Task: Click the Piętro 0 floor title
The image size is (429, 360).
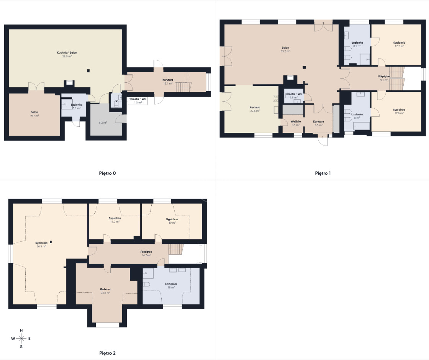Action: pyautogui.click(x=107, y=173)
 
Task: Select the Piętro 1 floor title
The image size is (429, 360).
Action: pyautogui.click(x=323, y=173)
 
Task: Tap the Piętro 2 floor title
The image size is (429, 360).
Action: pyautogui.click(x=107, y=353)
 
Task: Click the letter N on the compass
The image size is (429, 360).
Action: pyautogui.click(x=21, y=331)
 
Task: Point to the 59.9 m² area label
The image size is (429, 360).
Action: pyautogui.click(x=67, y=56)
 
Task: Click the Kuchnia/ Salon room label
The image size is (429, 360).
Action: pyautogui.click(x=67, y=52)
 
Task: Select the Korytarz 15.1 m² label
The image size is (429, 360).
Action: pyautogui.click(x=168, y=82)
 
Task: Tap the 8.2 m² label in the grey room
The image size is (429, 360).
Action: pyautogui.click(x=103, y=123)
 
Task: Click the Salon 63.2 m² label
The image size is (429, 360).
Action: pyautogui.click(x=285, y=49)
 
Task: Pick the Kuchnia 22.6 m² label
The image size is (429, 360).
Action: pyautogui.click(x=255, y=109)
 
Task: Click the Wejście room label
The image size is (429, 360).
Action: pyautogui.click(x=296, y=121)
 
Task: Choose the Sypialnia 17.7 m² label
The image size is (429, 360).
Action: pyautogui.click(x=399, y=44)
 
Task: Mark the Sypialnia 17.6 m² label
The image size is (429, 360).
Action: pyautogui.click(x=399, y=111)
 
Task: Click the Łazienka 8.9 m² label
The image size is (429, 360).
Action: pyautogui.click(x=357, y=44)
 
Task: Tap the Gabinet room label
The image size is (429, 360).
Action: pyautogui.click(x=105, y=289)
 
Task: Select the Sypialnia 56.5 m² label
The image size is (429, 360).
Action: pyautogui.click(x=41, y=245)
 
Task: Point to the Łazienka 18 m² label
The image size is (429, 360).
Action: pyautogui.click(x=171, y=286)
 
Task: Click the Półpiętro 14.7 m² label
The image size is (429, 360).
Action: pyautogui.click(x=146, y=253)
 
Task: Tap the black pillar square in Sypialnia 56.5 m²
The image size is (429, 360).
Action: pyautogui.click(x=51, y=242)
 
